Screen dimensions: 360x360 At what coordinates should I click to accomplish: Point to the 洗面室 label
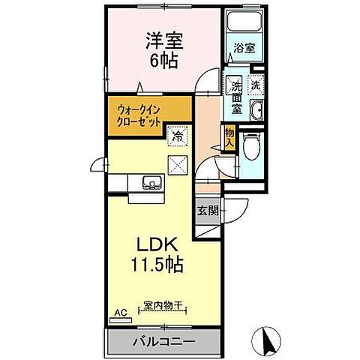point(235,95)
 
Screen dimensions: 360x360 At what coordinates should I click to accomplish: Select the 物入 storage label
point(229,136)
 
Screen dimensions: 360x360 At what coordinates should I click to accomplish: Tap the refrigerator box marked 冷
point(178,137)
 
